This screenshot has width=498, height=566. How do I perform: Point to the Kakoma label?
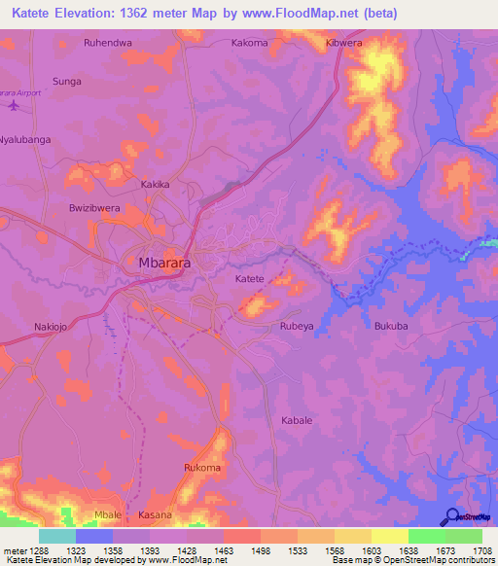click(x=249, y=43)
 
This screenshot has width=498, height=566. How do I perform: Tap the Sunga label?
click(x=66, y=82)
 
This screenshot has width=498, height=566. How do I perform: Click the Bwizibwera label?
click(x=94, y=208)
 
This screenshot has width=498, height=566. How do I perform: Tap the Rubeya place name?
click(x=297, y=328)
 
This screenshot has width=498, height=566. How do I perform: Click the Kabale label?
click(x=297, y=420)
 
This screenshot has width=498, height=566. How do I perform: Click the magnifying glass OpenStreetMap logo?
click(x=451, y=515)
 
